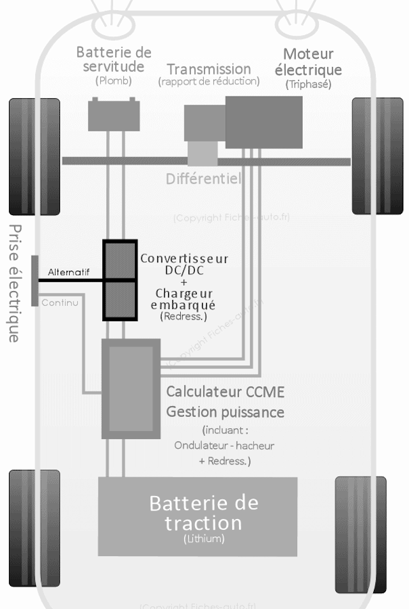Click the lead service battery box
[114, 115]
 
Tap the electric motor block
[263, 122]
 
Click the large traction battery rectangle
[197, 516]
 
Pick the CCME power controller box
[130, 389]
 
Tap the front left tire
[34, 156]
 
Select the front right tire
[377, 156]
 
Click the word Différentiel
[204, 179]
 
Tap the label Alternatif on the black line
[69, 272]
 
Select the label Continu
[60, 303]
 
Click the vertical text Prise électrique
[14, 283]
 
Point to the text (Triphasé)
[309, 84]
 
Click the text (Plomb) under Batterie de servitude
[113, 81]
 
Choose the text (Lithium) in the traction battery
[203, 539]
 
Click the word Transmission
[209, 68]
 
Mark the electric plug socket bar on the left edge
[34, 280]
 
